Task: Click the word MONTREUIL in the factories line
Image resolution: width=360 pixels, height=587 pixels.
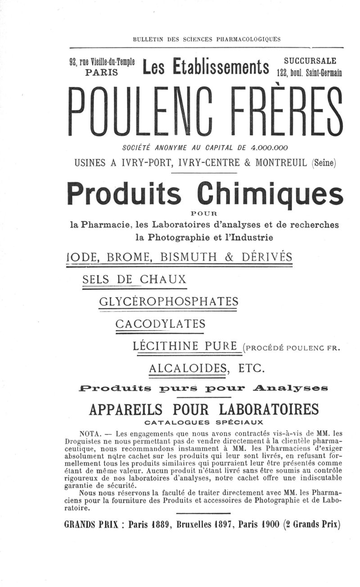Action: tap(281, 162)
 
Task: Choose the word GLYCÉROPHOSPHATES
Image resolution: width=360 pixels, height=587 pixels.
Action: tap(168, 301)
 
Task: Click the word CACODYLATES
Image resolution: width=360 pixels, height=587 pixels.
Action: tap(160, 324)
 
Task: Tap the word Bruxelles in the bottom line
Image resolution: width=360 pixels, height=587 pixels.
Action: tap(196, 524)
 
